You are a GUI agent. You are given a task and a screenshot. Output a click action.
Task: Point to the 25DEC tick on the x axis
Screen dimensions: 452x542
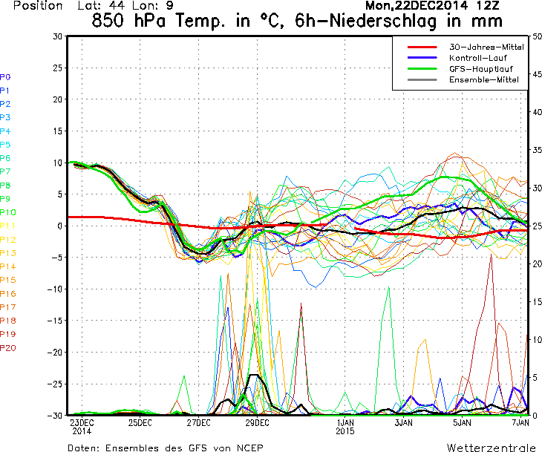pos(140,423)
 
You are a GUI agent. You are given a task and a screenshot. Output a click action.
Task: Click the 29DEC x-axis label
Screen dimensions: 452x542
pos(257,423)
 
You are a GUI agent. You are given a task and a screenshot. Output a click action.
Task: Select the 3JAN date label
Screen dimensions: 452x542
pos(403,423)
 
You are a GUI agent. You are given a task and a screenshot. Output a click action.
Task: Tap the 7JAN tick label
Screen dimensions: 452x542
pos(520,423)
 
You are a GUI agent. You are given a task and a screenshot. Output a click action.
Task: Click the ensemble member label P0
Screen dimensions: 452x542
pos(5,77)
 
